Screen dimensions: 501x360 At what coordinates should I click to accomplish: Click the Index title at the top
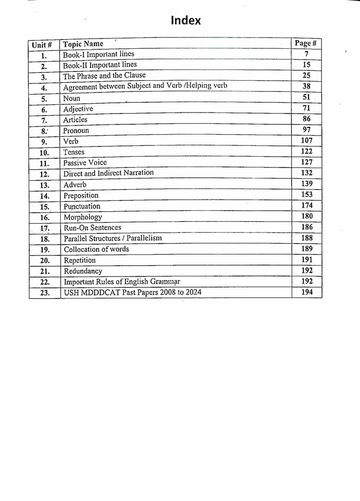[186, 21]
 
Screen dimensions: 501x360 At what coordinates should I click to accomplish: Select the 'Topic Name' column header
[83, 44]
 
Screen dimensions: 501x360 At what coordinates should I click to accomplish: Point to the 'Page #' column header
[305, 43]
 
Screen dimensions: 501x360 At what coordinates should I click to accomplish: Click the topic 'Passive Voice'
[85, 163]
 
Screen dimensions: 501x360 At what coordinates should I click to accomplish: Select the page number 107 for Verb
[307, 140]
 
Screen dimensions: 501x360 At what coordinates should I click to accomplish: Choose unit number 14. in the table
[44, 196]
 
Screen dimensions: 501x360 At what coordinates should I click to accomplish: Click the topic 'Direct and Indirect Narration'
[108, 173]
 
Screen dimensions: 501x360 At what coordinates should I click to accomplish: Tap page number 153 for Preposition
[307, 195]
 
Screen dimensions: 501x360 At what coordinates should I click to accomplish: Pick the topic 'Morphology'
[82, 217]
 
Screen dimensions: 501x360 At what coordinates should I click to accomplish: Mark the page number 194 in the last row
[307, 292]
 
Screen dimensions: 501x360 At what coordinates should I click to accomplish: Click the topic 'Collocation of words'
[96, 249]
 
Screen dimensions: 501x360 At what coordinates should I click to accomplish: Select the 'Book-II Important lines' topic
[100, 65]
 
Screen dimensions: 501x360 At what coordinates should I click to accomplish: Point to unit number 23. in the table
[45, 293]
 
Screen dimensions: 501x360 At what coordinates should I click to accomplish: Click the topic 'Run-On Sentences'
[93, 228]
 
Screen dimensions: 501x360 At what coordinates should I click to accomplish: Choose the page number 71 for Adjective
[307, 108]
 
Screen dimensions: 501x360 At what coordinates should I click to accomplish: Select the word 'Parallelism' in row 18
[143, 238]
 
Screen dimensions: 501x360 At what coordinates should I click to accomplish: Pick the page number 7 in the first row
[307, 54]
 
